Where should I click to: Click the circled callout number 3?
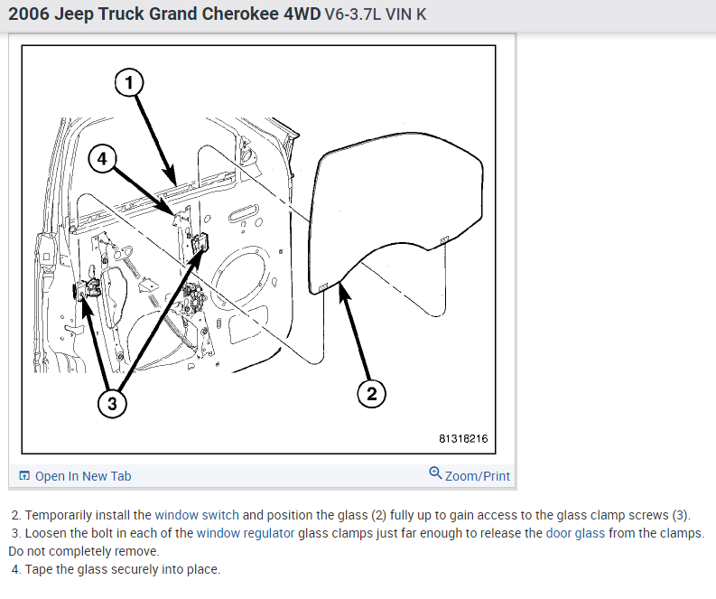[112, 404]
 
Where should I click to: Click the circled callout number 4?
[103, 159]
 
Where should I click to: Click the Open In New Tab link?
[82, 476]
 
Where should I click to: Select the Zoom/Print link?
[477, 475]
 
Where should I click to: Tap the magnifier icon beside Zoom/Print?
[435, 473]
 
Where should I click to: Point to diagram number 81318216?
[462, 439]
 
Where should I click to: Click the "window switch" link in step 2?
[196, 515]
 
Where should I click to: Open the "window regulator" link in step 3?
[246, 533]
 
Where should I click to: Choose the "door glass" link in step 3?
[575, 533]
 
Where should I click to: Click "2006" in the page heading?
[30, 16]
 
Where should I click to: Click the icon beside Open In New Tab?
[24, 476]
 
